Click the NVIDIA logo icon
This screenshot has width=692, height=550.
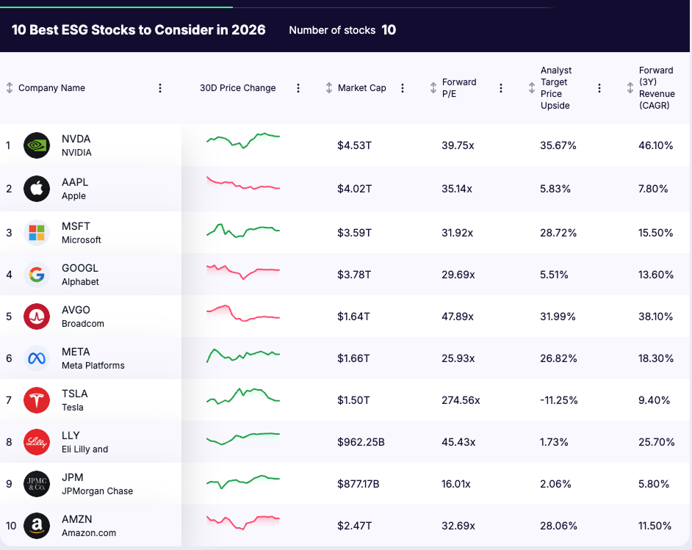(x=37, y=145)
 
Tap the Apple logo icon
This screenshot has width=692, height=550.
(x=37, y=189)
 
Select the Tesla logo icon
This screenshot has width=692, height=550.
(x=37, y=400)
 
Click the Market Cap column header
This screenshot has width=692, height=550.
(x=361, y=88)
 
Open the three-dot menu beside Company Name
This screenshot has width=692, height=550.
(x=160, y=88)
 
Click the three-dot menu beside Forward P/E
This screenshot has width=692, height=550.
(x=501, y=88)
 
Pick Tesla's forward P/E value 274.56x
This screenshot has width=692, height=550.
(x=461, y=400)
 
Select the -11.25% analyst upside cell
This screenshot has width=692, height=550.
(x=558, y=400)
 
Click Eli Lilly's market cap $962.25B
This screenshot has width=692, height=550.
(x=361, y=442)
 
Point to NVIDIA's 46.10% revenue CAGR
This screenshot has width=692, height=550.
(x=655, y=145)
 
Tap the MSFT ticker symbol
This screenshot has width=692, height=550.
(x=76, y=226)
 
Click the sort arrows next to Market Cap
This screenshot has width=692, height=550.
(x=329, y=88)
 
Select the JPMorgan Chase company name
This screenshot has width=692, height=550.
(x=97, y=491)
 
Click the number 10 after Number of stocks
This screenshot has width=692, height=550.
(x=389, y=30)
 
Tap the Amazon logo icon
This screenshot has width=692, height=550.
(x=37, y=526)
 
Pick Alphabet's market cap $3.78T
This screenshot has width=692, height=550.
(x=354, y=275)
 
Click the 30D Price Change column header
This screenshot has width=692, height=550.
(x=237, y=88)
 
